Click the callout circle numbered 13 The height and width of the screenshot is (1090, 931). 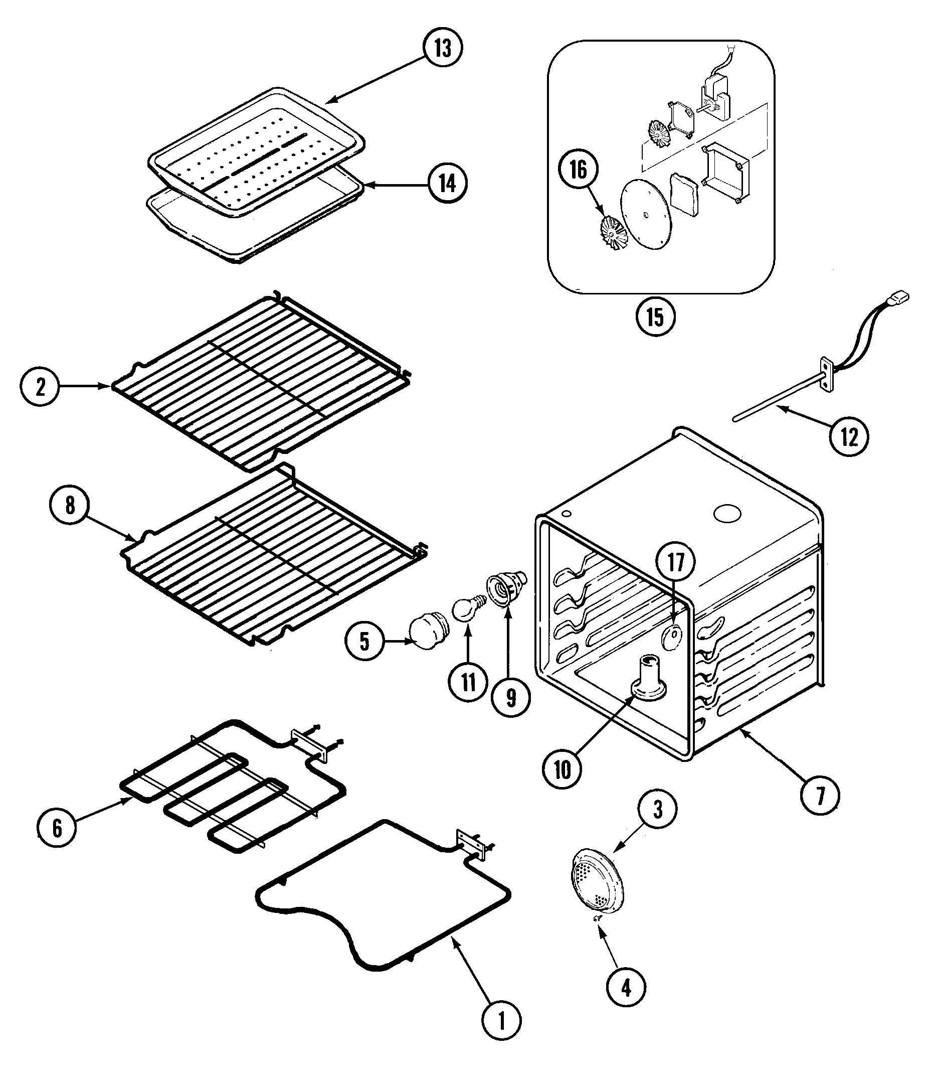pyautogui.click(x=443, y=47)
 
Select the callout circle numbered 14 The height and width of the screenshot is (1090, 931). pyautogui.click(x=447, y=184)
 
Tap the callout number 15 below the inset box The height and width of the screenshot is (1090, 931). pyautogui.click(x=655, y=317)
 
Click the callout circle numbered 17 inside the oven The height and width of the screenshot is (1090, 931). pyautogui.click(x=675, y=562)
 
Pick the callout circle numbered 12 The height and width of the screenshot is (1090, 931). pyautogui.click(x=849, y=436)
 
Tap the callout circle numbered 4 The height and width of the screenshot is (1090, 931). pyautogui.click(x=626, y=988)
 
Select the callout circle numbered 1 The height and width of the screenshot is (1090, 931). pyautogui.click(x=501, y=1021)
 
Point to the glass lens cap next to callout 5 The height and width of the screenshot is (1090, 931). pyautogui.click(x=429, y=633)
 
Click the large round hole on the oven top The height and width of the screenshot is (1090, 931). pyautogui.click(x=727, y=514)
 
